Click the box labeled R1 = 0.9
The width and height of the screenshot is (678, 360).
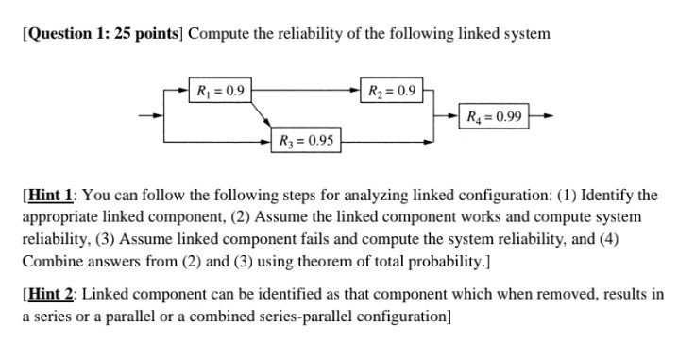[x=219, y=92]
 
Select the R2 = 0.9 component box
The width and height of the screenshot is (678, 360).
[x=391, y=92]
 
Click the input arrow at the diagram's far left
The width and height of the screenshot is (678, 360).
[x=149, y=117]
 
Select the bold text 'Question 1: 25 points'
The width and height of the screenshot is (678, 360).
[x=99, y=34]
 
